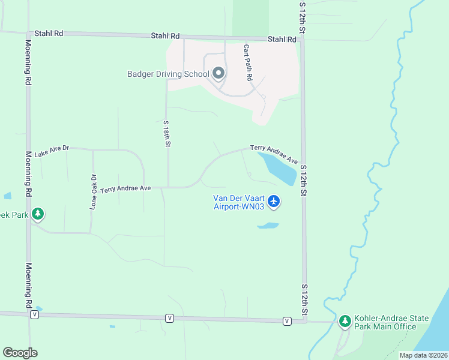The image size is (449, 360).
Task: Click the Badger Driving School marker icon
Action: pyautogui.click(x=218, y=74)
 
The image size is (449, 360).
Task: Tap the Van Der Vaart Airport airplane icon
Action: pyautogui.click(x=274, y=201)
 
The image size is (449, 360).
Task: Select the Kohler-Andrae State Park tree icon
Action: pyautogui.click(x=345, y=322)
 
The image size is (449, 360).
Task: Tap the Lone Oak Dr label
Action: pyautogui.click(x=94, y=191)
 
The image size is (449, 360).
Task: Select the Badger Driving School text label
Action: pyautogui.click(x=168, y=74)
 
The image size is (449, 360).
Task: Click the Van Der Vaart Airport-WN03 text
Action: pyautogui.click(x=239, y=203)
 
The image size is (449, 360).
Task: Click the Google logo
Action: pyautogui.click(x=20, y=353)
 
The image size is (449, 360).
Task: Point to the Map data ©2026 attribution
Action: pyautogui.click(x=423, y=355)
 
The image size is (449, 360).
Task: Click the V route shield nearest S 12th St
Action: pyautogui.click(x=287, y=321)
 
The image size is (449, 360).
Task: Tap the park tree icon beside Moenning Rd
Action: pyautogui.click(x=38, y=213)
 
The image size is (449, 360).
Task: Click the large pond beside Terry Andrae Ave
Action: pyautogui.click(x=278, y=167)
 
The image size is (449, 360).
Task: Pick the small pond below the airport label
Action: pyautogui.click(x=268, y=226)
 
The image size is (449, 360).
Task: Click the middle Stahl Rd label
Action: pyautogui.click(x=165, y=37)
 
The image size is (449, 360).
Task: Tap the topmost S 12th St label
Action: pyautogui.click(x=303, y=17)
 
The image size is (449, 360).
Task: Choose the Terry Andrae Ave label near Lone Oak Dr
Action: pyautogui.click(x=125, y=188)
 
